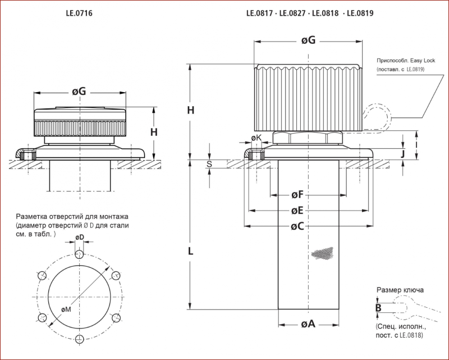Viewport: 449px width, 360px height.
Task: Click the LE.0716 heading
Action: click(x=79, y=13)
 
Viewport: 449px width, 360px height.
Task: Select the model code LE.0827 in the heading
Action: click(x=292, y=13)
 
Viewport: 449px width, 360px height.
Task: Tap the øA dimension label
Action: click(x=308, y=324)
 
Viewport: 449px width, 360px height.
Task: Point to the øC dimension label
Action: click(x=297, y=226)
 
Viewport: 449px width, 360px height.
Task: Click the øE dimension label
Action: click(x=297, y=211)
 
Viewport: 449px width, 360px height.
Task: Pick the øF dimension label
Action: click(x=297, y=195)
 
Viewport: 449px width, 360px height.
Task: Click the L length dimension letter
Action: click(x=190, y=252)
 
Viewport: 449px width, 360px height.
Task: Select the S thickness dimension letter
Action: click(x=209, y=164)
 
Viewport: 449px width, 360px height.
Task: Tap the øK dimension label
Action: click(x=256, y=138)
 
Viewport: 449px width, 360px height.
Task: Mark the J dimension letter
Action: click(x=403, y=154)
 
